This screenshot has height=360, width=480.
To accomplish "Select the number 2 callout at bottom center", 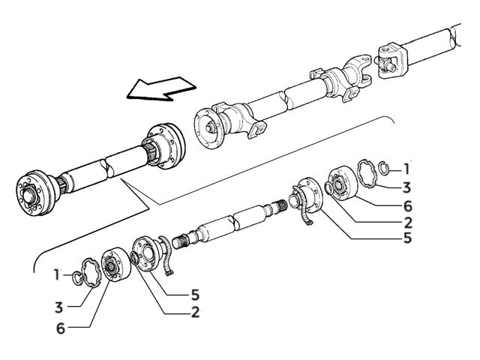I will click(x=195, y=312).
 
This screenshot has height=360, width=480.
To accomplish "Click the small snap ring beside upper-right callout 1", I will click(x=382, y=166).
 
